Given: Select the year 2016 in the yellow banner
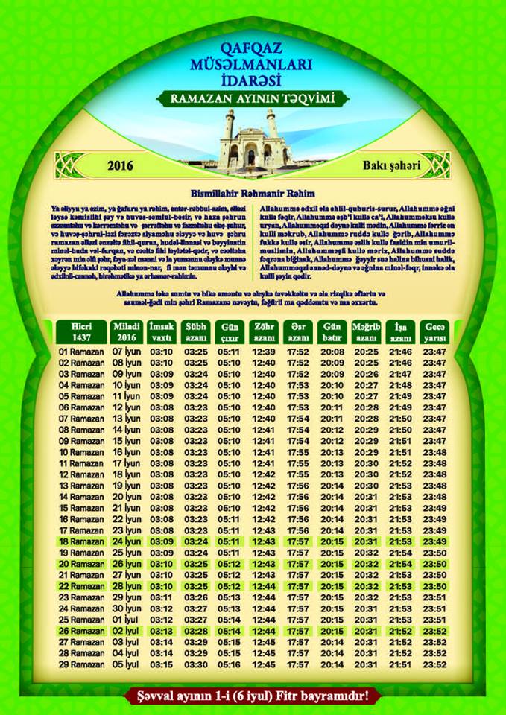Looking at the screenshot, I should pyautogui.click(x=120, y=165).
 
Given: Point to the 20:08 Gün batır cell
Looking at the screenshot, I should pyautogui.click(x=332, y=350).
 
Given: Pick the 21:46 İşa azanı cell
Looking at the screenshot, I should pyautogui.click(x=401, y=350).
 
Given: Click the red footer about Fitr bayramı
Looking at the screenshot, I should pyautogui.click(x=253, y=698).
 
